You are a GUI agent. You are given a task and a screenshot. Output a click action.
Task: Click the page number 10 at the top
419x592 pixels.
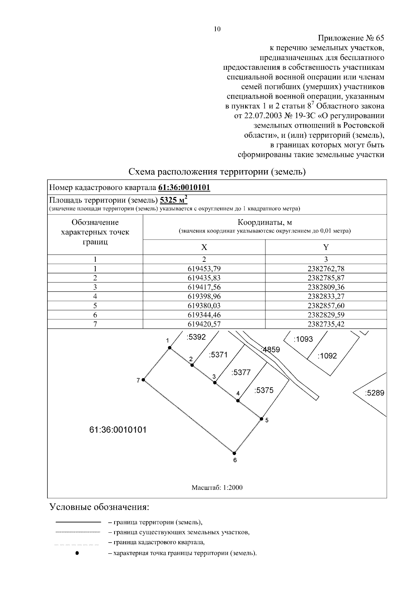click(x=217, y=29)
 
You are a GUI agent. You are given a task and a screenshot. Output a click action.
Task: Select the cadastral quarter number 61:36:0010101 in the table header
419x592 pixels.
click(x=184, y=188)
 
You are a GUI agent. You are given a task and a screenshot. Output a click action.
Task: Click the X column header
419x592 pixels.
click(x=204, y=247)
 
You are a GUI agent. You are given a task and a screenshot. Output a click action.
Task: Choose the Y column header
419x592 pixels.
click(x=326, y=247)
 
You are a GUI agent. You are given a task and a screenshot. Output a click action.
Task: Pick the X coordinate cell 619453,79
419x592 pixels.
click(x=204, y=268)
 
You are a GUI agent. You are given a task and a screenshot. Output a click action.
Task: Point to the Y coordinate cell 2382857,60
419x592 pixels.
click(x=326, y=305)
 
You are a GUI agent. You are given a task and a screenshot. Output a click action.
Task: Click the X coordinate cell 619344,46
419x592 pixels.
click(x=204, y=315)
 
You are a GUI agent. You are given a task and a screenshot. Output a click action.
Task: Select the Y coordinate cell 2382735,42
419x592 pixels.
click(x=326, y=324)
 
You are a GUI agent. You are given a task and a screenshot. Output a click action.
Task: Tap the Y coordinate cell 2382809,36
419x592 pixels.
click(x=326, y=287)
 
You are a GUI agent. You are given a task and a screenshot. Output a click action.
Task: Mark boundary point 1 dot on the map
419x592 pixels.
click(x=170, y=348)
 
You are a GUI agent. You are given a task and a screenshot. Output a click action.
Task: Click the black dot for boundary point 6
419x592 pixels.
click(x=234, y=453)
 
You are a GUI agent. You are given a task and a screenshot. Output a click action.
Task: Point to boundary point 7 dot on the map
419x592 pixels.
click(x=144, y=380)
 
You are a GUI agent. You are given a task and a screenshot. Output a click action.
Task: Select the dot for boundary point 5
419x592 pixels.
click(x=261, y=418)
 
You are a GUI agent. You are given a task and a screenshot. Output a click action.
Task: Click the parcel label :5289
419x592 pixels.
click(x=374, y=393)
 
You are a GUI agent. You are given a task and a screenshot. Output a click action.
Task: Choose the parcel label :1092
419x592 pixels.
click(x=327, y=356)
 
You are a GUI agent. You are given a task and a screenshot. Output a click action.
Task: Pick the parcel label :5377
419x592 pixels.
click(x=241, y=372)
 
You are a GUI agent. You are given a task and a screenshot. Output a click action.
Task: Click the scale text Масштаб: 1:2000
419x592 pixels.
click(x=217, y=487)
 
